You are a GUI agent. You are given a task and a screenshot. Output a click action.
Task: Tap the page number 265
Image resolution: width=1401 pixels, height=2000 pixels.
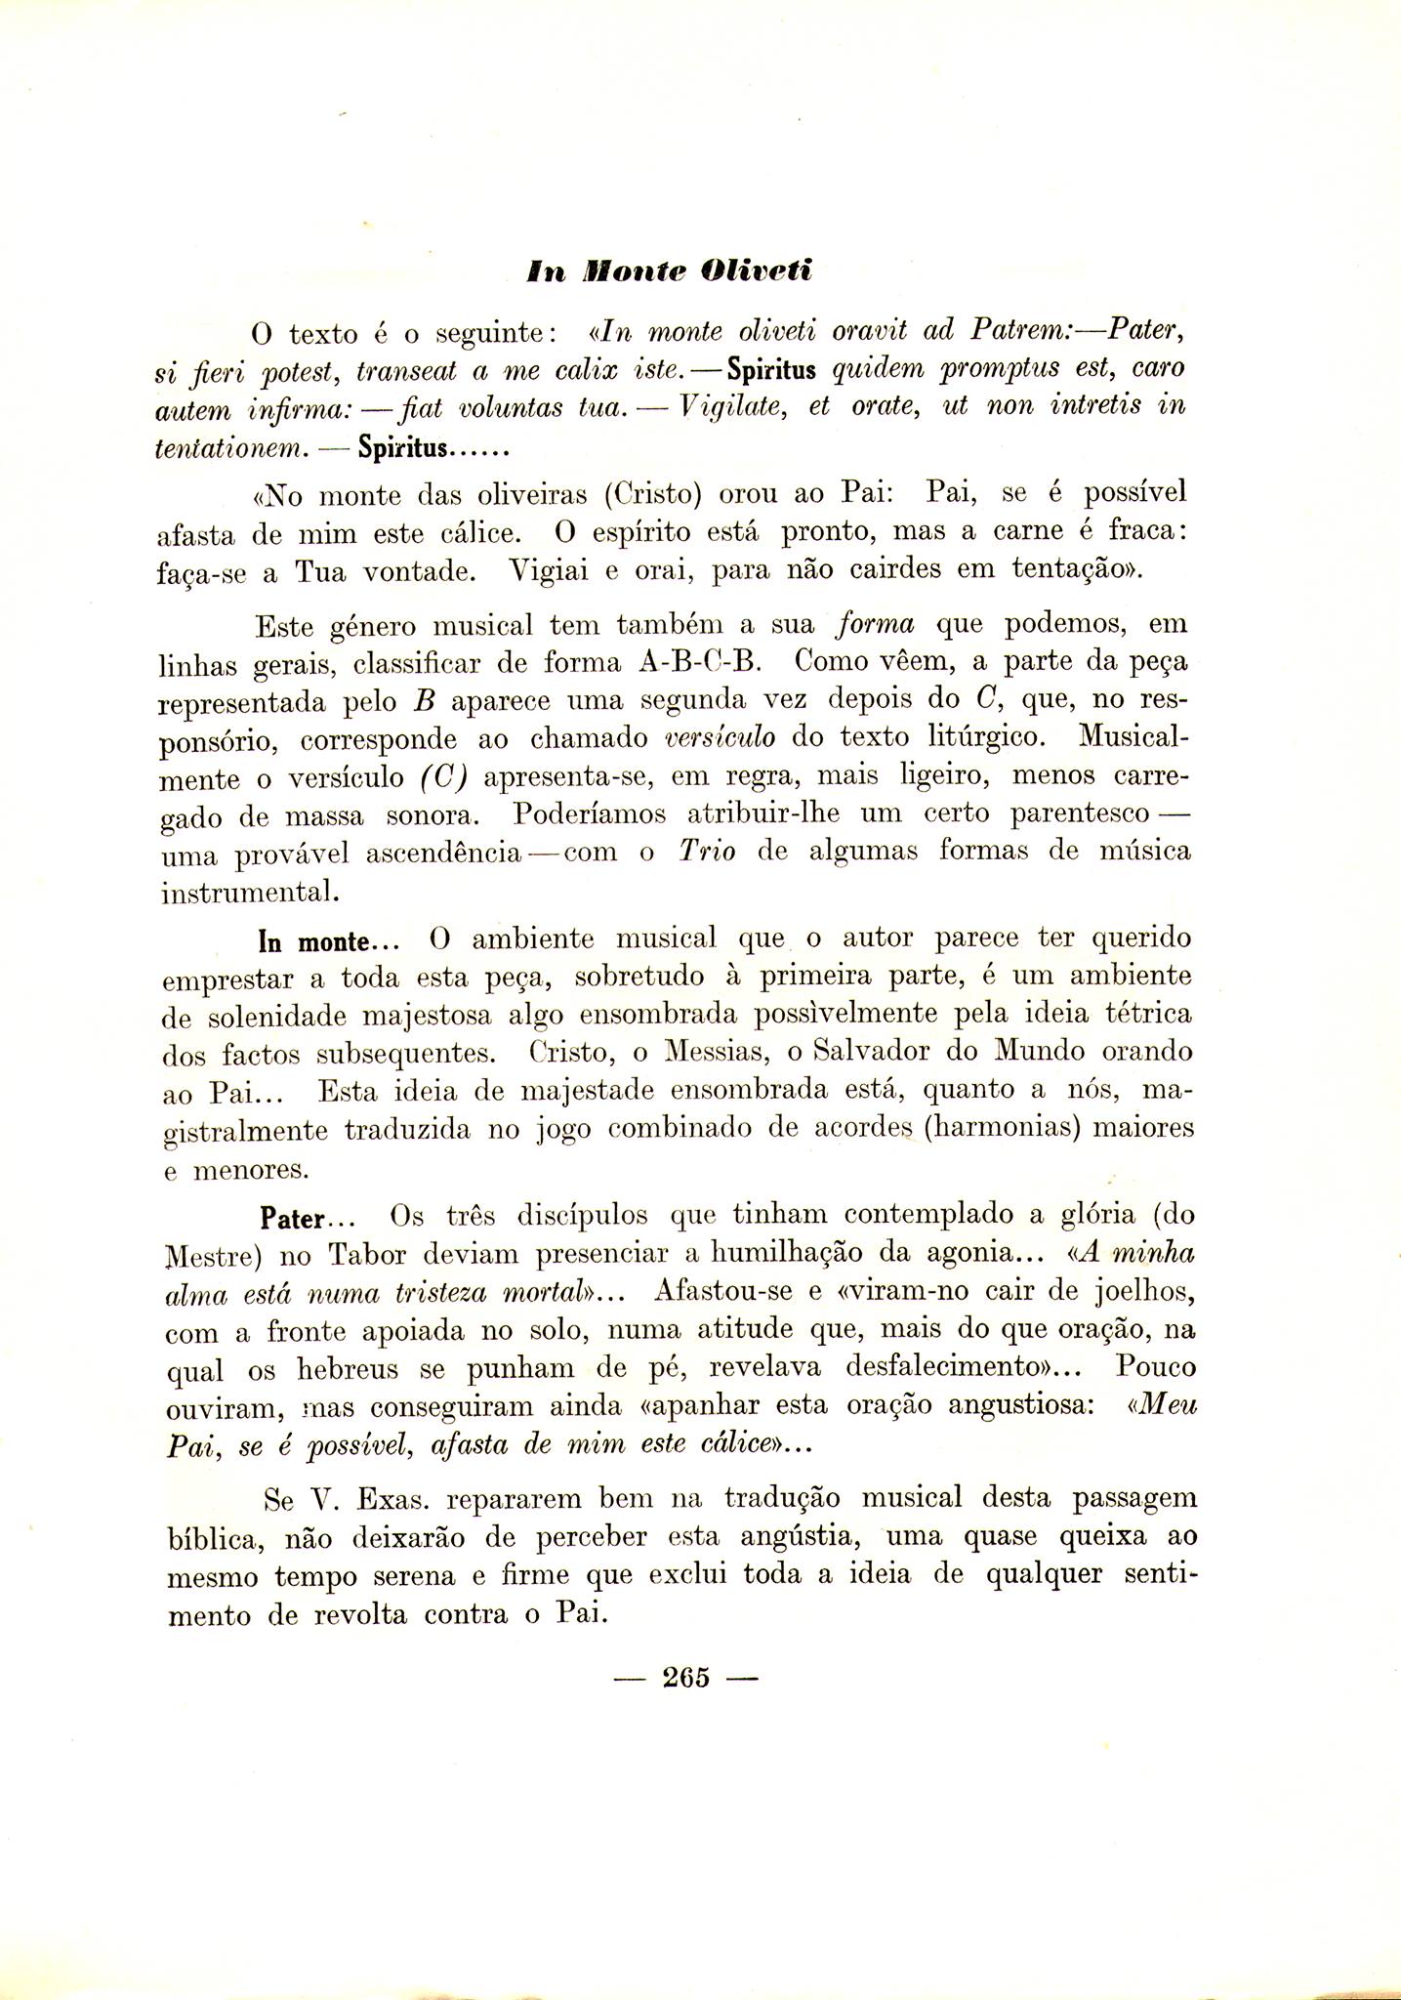[x=684, y=1677]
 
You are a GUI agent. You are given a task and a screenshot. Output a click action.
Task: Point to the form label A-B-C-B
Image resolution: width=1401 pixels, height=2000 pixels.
[x=698, y=662]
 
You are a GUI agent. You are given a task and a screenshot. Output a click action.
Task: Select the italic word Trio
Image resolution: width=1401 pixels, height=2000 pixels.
[x=706, y=851]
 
